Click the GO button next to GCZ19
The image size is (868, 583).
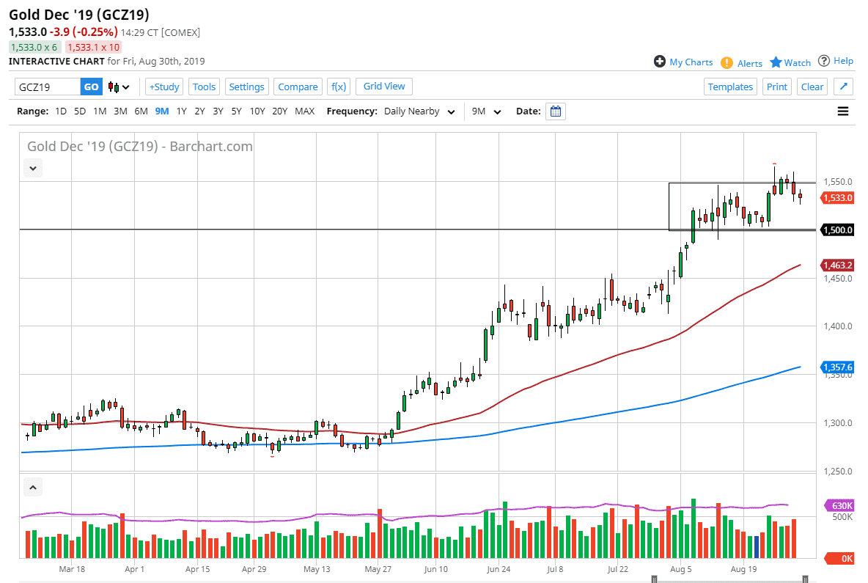91,87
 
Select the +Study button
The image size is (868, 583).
163,87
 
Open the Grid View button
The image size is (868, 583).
384,86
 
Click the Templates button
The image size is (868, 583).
730,87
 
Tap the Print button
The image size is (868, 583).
776,87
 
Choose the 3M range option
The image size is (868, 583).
120,111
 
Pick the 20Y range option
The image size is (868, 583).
279,111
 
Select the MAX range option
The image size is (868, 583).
304,111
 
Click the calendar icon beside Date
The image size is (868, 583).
556,111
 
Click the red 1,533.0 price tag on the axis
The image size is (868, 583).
836,197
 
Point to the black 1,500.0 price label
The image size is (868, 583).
836,230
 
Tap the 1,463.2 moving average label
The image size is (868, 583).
836,265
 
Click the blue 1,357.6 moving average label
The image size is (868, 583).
836,367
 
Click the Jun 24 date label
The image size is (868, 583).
498,568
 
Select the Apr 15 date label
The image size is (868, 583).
198,568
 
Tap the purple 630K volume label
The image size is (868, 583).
840,506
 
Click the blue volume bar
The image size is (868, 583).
757,547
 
